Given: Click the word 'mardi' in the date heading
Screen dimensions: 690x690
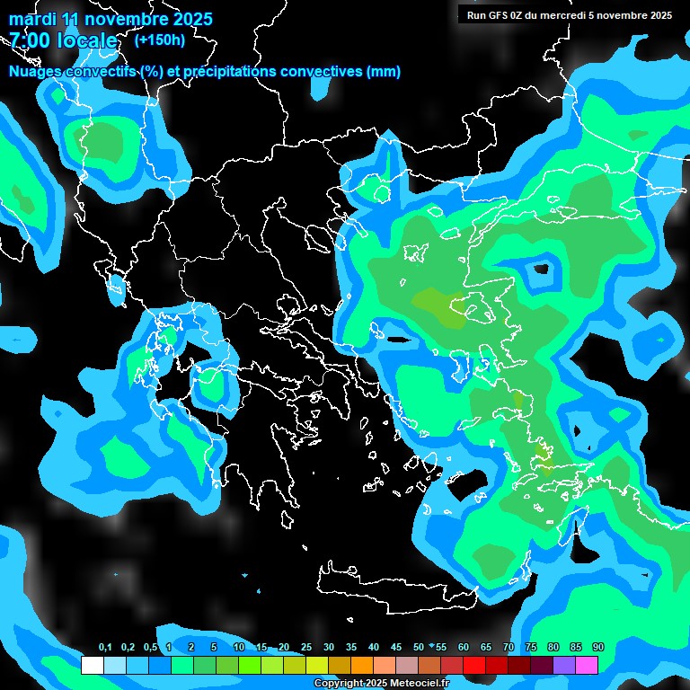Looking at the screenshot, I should pyautogui.click(x=32, y=19).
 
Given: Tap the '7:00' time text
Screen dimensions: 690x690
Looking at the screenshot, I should pyautogui.click(x=31, y=40).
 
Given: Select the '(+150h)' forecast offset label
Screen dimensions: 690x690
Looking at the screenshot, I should pyautogui.click(x=159, y=40).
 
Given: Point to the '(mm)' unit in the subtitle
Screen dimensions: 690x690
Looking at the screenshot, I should pyautogui.click(x=384, y=72).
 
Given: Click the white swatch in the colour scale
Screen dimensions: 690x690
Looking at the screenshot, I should pyautogui.click(x=93, y=665).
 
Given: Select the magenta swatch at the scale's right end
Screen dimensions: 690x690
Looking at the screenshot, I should pyautogui.click(x=587, y=665).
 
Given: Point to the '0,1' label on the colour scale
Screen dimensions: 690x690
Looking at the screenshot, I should pyautogui.click(x=105, y=648).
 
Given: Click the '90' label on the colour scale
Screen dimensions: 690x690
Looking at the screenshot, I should pyautogui.click(x=598, y=648).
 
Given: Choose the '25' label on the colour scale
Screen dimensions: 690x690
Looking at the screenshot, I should pyautogui.click(x=306, y=648).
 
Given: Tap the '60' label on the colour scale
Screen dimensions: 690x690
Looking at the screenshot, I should pyautogui.click(x=464, y=648).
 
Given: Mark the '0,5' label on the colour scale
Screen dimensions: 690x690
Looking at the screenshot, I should pyautogui.click(x=149, y=648).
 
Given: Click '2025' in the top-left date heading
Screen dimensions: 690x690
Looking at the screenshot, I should pyautogui.click(x=189, y=19).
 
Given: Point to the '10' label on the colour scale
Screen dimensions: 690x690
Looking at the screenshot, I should pyautogui.click(x=239, y=648).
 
